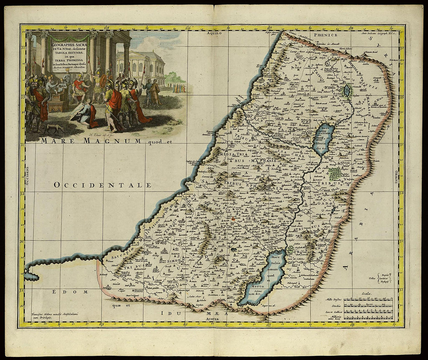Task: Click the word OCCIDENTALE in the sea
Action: [x=103, y=185]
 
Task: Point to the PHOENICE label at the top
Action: [x=320, y=34]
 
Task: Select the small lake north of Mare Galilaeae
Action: [x=346, y=91]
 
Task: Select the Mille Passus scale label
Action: [x=332, y=300]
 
